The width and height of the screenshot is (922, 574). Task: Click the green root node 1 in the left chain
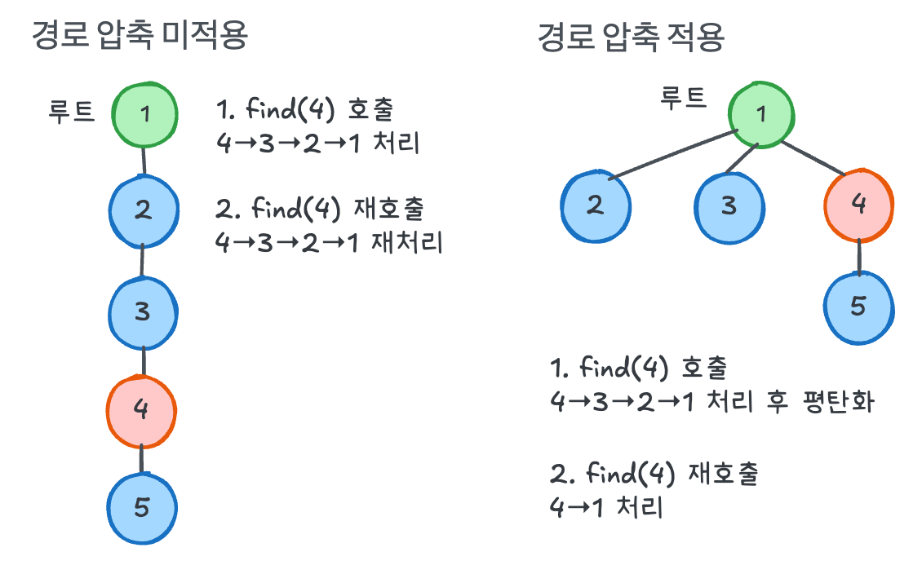pyautogui.click(x=144, y=113)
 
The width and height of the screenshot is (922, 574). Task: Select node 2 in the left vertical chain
pyautogui.click(x=144, y=210)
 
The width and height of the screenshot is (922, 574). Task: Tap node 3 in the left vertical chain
pyautogui.click(x=143, y=311)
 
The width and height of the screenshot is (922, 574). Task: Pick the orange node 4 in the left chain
pyautogui.click(x=141, y=410)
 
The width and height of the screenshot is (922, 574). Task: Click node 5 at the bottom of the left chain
pyautogui.click(x=142, y=508)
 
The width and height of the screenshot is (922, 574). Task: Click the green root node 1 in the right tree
pyautogui.click(x=761, y=113)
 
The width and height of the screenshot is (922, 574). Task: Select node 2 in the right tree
pyautogui.click(x=596, y=205)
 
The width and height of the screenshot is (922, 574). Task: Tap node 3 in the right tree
pyautogui.click(x=729, y=205)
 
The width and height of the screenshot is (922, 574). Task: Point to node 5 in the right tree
pyautogui.click(x=858, y=307)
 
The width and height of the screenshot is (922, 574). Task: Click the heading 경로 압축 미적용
pyautogui.click(x=139, y=36)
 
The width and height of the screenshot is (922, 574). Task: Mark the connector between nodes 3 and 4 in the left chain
pyautogui.click(x=143, y=360)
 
